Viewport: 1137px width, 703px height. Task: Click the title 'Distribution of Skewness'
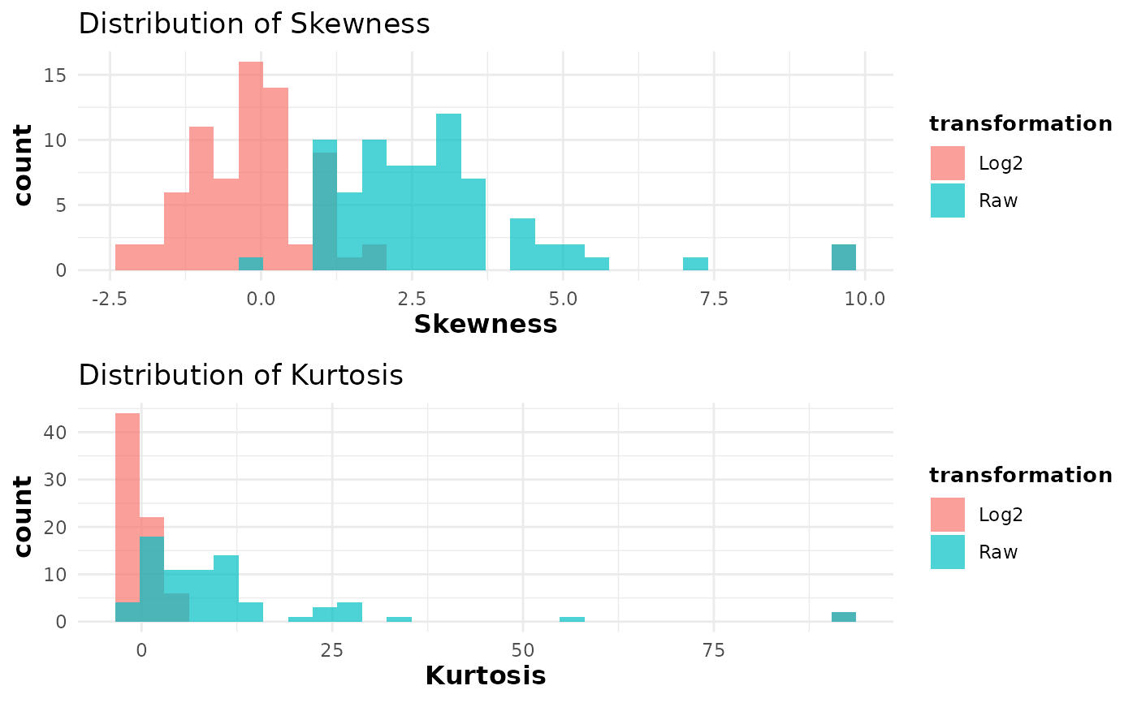click(x=253, y=24)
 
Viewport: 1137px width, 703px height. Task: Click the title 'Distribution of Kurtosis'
click(x=240, y=376)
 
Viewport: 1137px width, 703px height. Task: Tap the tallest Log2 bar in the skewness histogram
click(x=251, y=166)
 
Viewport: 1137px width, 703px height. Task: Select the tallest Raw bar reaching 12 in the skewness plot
click(x=448, y=192)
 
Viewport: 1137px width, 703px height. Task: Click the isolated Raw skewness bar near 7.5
click(x=695, y=264)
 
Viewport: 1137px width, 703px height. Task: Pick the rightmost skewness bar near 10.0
click(x=844, y=257)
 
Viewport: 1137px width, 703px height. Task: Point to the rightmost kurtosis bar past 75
click(x=844, y=617)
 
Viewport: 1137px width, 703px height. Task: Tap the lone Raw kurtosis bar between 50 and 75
click(x=572, y=619)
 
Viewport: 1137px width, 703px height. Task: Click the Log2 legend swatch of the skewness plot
click(x=948, y=163)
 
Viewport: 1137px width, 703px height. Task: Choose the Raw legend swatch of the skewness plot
click(x=948, y=201)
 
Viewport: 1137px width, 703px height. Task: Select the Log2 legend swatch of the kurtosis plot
click(x=948, y=515)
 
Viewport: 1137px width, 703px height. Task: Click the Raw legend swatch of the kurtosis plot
click(x=948, y=552)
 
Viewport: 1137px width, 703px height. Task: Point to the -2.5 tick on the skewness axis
click(x=110, y=300)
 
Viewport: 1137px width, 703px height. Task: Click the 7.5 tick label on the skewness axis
click(x=714, y=300)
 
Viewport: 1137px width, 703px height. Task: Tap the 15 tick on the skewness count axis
click(x=55, y=75)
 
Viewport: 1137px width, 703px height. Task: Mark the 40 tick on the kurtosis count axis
click(x=55, y=433)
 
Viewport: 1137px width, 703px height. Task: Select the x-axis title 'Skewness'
click(x=486, y=325)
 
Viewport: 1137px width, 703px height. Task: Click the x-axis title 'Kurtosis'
click(x=486, y=676)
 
